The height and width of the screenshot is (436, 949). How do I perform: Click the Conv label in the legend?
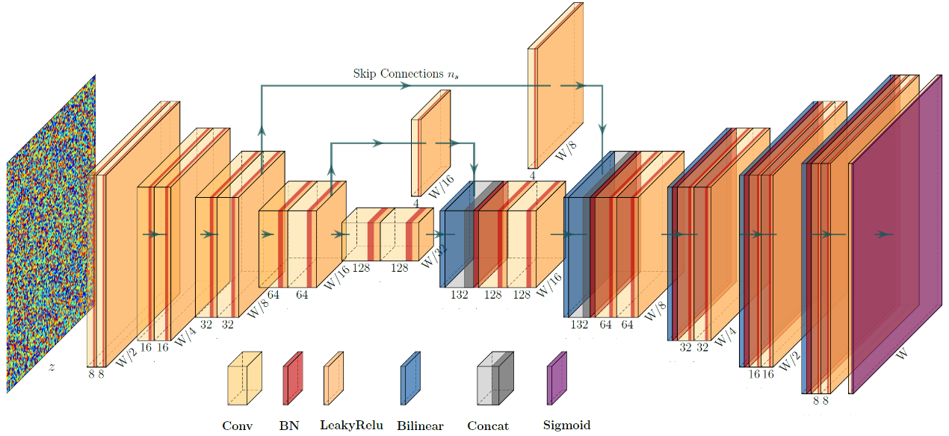pyautogui.click(x=237, y=426)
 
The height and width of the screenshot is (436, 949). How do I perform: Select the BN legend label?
pyautogui.click(x=290, y=426)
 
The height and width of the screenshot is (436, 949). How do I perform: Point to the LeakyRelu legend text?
pyautogui.click(x=351, y=426)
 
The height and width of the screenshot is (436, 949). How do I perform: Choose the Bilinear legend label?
pyautogui.click(x=420, y=426)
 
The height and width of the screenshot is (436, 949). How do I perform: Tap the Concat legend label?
pyautogui.click(x=487, y=426)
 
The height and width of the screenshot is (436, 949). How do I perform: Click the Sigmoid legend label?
pyautogui.click(x=566, y=426)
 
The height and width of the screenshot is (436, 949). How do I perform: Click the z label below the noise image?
pyautogui.click(x=52, y=367)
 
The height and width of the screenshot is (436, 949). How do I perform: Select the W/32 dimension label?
pyautogui.click(x=432, y=258)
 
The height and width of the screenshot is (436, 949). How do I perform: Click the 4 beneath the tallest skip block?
pyautogui.click(x=533, y=175)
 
